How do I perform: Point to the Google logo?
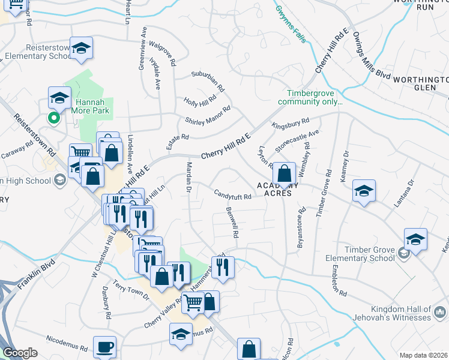point(20,353)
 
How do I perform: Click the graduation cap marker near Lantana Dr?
point(364,190)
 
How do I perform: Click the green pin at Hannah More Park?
point(54,118)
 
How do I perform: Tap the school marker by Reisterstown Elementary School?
point(81,49)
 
